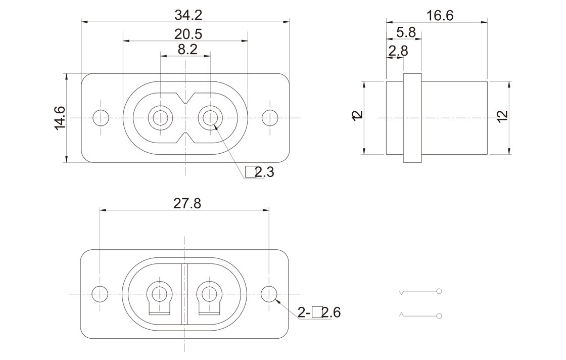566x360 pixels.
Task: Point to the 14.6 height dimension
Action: (60, 118)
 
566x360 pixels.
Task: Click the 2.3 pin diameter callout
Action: (260, 172)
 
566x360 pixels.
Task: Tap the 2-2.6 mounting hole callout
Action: (319, 312)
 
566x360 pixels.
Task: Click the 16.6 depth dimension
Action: (440, 15)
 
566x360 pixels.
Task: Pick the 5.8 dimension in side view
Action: (406, 32)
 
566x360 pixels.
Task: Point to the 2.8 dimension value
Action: (398, 51)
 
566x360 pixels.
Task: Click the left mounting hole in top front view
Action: (101, 118)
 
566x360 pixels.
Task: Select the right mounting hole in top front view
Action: (270, 118)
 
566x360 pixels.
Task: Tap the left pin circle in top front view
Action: (161, 118)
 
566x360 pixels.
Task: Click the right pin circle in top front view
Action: (210, 118)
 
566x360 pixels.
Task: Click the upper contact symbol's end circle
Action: (439, 292)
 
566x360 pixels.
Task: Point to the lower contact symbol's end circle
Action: (439, 316)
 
